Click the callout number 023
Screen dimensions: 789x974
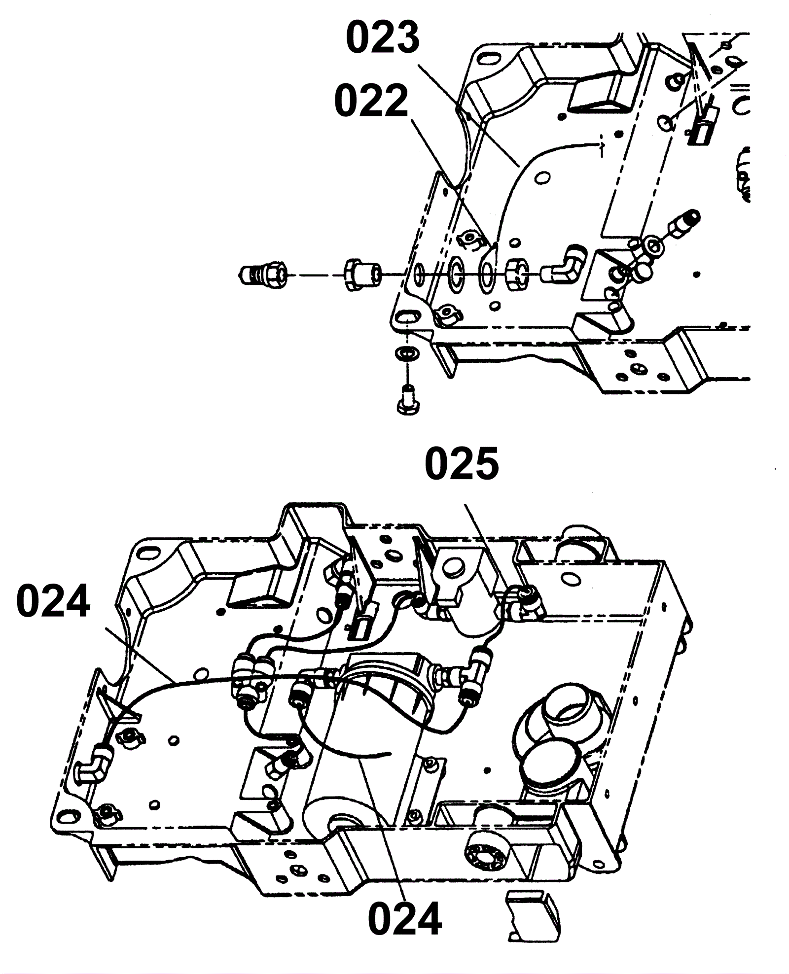pos(383,38)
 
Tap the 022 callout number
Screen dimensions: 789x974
pos(371,101)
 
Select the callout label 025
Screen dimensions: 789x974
pos(462,464)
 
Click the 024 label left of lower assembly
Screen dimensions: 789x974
pos(53,601)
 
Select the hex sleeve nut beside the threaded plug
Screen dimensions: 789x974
pos(362,275)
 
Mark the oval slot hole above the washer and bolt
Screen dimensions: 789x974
pos(407,319)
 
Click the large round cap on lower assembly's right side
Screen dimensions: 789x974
pos(548,763)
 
